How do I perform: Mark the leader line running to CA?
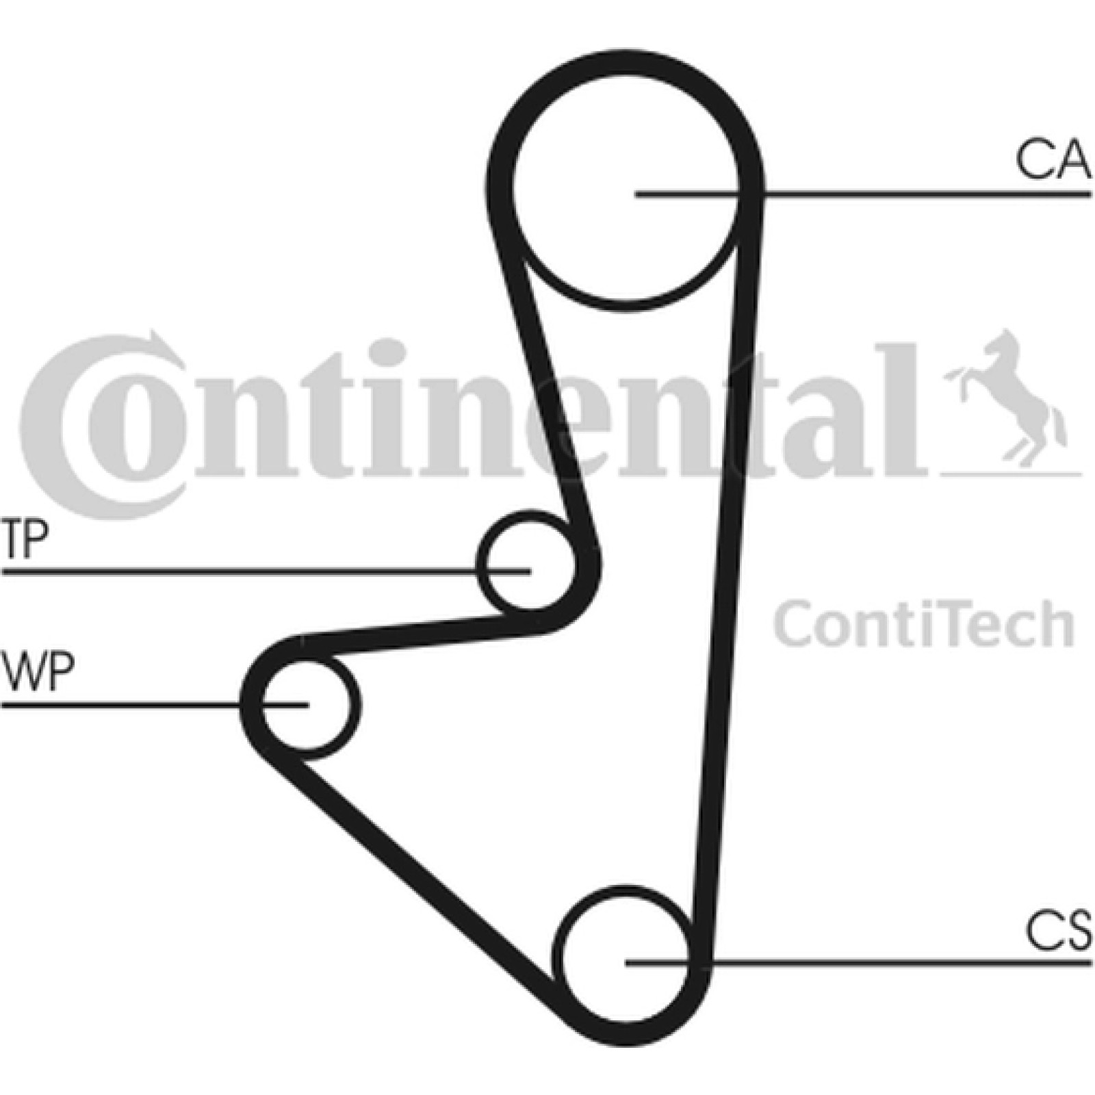point(863,194)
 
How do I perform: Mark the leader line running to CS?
point(858,963)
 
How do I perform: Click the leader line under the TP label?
point(266,570)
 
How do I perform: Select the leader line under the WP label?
point(155,704)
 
